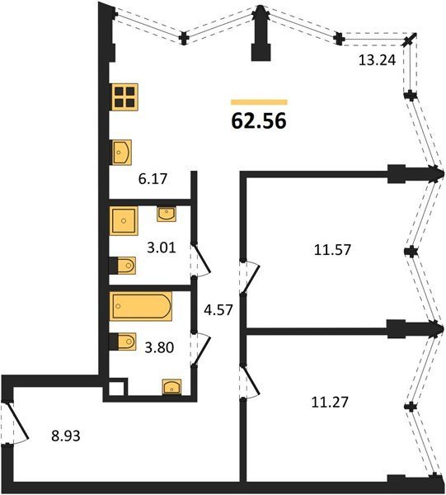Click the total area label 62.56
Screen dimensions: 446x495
(x=259, y=121)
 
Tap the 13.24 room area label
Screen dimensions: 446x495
(x=377, y=60)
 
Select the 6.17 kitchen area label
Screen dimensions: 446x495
(x=153, y=179)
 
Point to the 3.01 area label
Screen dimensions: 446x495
(x=162, y=247)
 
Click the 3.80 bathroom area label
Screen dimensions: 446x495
(x=159, y=347)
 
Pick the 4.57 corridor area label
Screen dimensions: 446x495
(x=218, y=310)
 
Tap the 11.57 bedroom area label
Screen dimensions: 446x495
(x=332, y=250)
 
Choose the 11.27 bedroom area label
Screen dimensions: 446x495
(x=330, y=403)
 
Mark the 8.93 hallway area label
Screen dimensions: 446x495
(x=66, y=436)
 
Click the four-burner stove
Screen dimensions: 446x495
(x=125, y=97)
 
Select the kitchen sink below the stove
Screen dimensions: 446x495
(x=122, y=153)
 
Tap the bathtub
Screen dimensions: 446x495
(x=141, y=306)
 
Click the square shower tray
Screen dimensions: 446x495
(x=124, y=220)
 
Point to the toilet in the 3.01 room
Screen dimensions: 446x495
(x=122, y=266)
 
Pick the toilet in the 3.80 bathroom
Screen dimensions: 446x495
(x=122, y=342)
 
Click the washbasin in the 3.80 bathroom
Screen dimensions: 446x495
(x=172, y=387)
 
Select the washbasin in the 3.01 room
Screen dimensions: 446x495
(x=167, y=214)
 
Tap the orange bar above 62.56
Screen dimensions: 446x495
(x=259, y=102)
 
